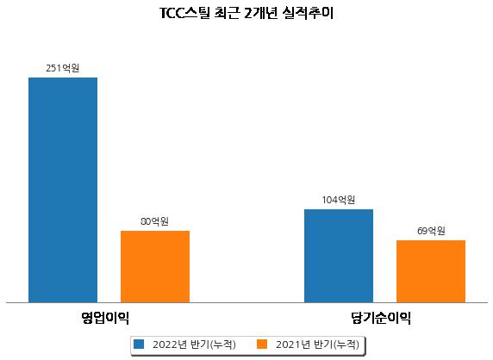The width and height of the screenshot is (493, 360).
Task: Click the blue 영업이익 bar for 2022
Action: pyautogui.click(x=63, y=190)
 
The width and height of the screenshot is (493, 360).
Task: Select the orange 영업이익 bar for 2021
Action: pyautogui.click(x=155, y=267)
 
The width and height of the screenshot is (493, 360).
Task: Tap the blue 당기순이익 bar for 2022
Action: pyautogui.click(x=339, y=256)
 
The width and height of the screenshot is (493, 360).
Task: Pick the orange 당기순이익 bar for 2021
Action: pyautogui.click(x=431, y=271)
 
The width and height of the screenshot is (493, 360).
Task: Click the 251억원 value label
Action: pyautogui.click(x=63, y=68)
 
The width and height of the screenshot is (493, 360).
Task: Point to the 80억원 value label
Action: pyautogui.click(x=154, y=221)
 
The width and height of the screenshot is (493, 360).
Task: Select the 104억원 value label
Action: pyautogui.click(x=339, y=200)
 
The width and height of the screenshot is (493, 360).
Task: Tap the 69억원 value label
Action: pyautogui.click(x=431, y=231)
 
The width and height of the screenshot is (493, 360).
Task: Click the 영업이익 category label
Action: pyautogui.click(x=105, y=318)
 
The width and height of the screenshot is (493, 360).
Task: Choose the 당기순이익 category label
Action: pyautogui.click(x=381, y=318)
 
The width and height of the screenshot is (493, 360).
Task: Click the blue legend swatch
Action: pyautogui.click(x=139, y=344)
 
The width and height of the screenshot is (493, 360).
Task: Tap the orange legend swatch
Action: pyautogui.click(x=262, y=344)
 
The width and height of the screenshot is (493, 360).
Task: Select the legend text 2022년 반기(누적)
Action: pyautogui.click(x=194, y=344)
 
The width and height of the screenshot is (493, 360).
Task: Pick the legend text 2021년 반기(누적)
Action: pyautogui.click(x=317, y=344)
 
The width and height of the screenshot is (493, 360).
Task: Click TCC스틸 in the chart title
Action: pyautogui.click(x=184, y=14)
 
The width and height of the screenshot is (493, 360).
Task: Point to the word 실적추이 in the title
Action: pyautogui.click(x=308, y=14)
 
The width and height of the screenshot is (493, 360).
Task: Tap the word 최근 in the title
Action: pyautogui.click(x=227, y=14)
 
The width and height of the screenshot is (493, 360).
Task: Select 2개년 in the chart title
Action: pyautogui.click(x=260, y=14)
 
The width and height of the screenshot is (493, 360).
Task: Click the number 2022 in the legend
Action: pyautogui.click(x=165, y=344)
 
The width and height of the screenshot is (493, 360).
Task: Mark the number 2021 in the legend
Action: pyautogui.click(x=288, y=344)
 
